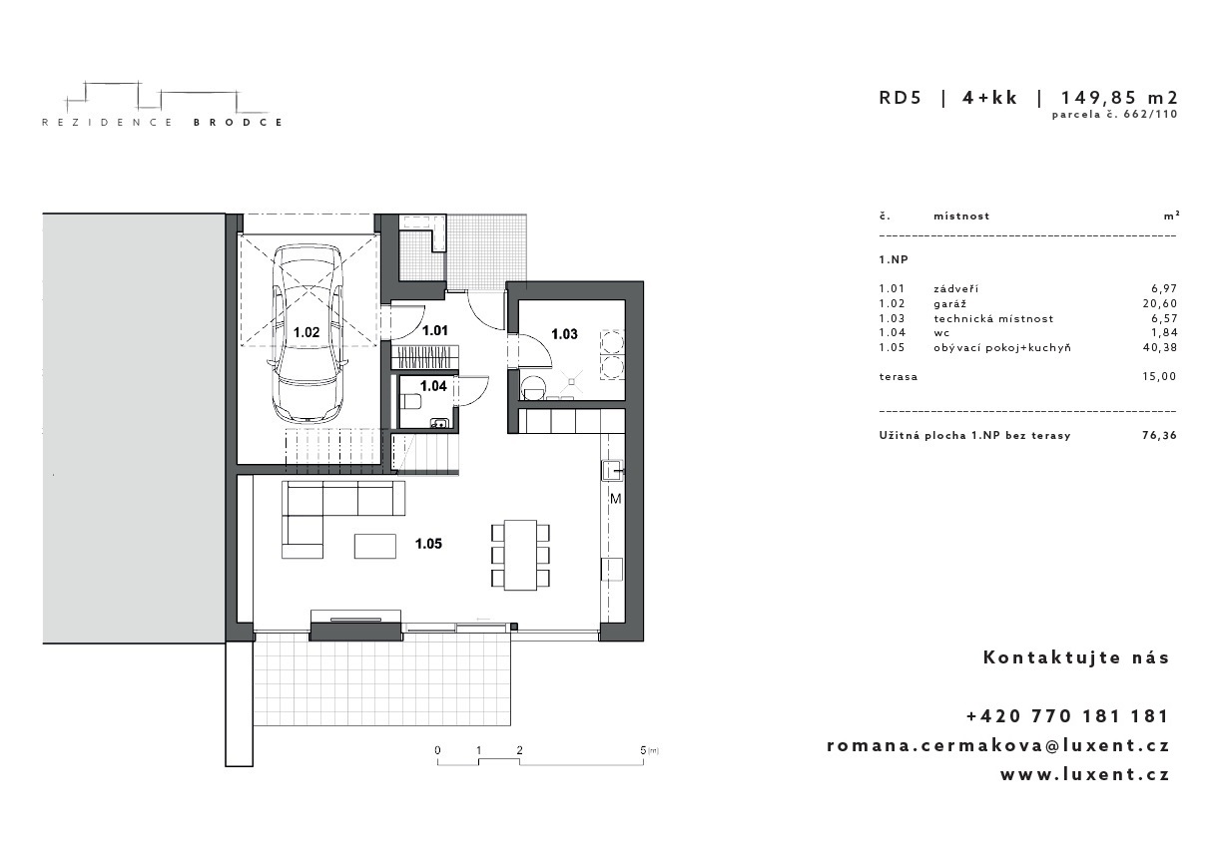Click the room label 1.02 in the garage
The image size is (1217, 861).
point(306,332)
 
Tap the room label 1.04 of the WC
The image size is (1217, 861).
point(433,386)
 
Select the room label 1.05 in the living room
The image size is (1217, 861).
point(428,544)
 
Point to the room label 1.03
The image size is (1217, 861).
point(564,334)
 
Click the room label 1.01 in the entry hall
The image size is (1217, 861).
point(435,330)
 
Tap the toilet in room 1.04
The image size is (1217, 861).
point(411,402)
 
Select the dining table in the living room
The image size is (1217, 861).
point(520,555)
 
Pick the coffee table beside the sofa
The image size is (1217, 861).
point(374,546)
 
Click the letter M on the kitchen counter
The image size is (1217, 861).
point(616,499)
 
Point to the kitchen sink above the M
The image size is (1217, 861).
point(612,470)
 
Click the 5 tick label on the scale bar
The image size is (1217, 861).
point(643,750)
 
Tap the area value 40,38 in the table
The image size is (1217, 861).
point(1159,347)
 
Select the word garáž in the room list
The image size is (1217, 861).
point(950,304)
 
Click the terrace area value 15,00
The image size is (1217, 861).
point(1159,377)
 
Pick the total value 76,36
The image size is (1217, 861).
point(1159,435)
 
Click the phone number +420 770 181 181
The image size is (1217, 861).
point(1067,716)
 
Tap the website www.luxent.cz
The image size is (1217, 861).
point(1085,774)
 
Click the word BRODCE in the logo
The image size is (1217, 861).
point(238,123)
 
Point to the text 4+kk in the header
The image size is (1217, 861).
point(990,98)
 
